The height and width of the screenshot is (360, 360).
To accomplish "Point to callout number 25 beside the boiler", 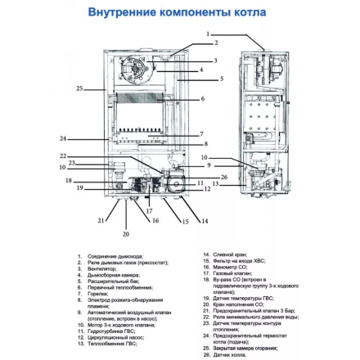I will pyautogui.click(x=79, y=88).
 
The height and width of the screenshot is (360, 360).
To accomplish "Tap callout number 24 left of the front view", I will pyautogui.click(x=63, y=138).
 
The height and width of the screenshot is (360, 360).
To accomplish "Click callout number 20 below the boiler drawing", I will pyautogui.click(x=125, y=234).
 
